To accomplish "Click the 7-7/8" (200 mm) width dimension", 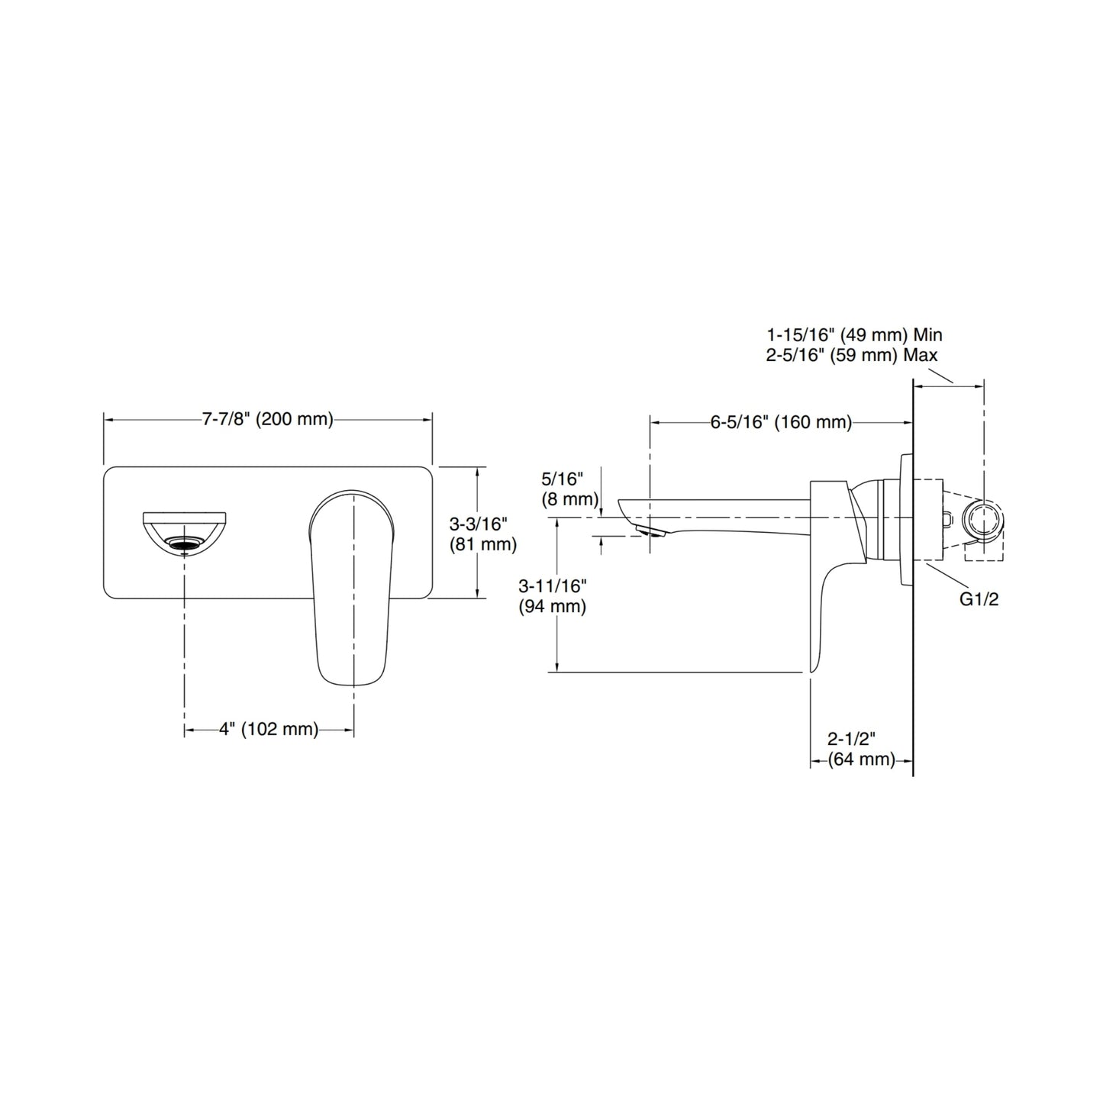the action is point(267,420).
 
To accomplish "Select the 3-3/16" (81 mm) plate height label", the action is point(482,534).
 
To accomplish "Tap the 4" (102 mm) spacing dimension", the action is point(269,729).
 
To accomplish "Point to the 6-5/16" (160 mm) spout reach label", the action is point(781,422).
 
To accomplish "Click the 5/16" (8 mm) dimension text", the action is point(570,489).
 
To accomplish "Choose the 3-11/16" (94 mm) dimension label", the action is point(553,596).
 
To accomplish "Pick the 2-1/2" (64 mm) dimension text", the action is point(862,750).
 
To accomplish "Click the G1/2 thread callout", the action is point(979,599).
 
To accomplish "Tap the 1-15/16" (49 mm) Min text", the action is point(855,335).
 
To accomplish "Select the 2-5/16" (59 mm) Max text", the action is point(852,356).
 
